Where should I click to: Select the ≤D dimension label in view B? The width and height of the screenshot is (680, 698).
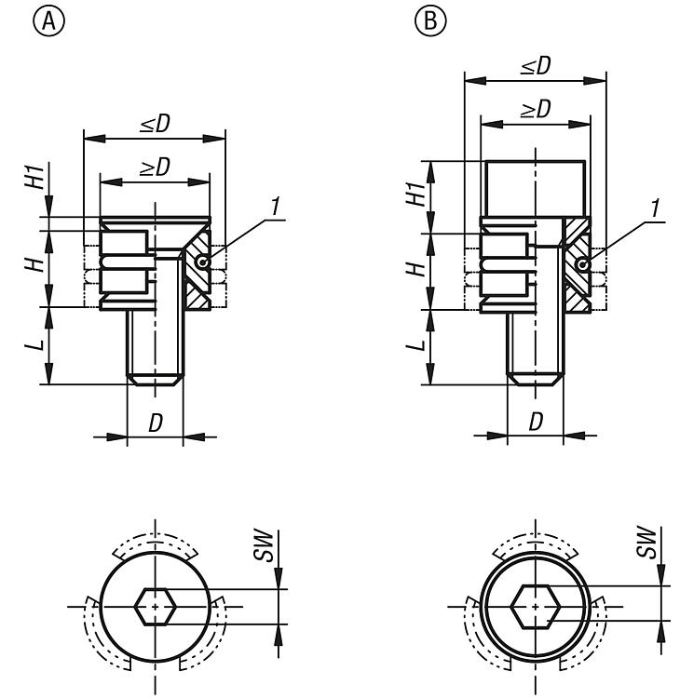point(534,66)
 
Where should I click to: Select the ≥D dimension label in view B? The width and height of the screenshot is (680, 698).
point(534,109)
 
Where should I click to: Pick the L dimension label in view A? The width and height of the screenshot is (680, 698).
point(31,345)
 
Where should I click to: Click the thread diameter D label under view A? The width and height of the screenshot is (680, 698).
point(155,423)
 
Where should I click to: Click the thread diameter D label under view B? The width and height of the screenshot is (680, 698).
point(537,422)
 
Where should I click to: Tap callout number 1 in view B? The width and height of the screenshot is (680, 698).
point(656,209)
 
